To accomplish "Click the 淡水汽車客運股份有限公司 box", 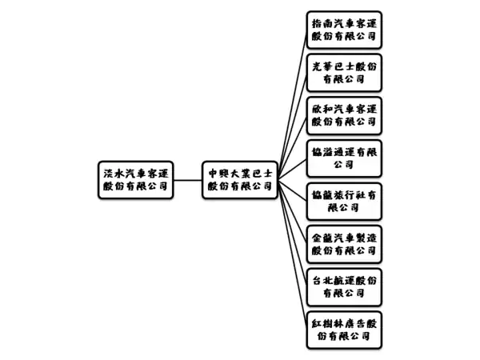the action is click(136, 180).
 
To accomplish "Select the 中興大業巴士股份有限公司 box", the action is click(240, 180).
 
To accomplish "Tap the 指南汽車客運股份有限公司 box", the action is click(344, 30).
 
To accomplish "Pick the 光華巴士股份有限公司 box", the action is click(344, 73).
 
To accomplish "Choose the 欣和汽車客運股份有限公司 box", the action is click(344, 116).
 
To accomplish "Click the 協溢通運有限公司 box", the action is click(344, 158).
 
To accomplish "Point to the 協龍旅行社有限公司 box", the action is click(344, 202).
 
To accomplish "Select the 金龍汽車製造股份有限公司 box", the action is click(344, 244).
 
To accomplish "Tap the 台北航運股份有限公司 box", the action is click(344, 287).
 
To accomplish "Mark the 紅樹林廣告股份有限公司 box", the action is click(344, 330).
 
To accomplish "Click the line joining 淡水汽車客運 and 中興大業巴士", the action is click(188, 180).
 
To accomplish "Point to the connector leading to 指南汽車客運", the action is click(293, 105).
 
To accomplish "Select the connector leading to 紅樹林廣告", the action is click(293, 255).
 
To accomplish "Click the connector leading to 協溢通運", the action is click(293, 170).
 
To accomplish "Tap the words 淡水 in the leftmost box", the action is click(114, 174).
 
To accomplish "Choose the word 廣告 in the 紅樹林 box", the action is click(355, 323).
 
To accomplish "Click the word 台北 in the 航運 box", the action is click(322, 281).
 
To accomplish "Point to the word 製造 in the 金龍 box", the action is click(366, 238).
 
